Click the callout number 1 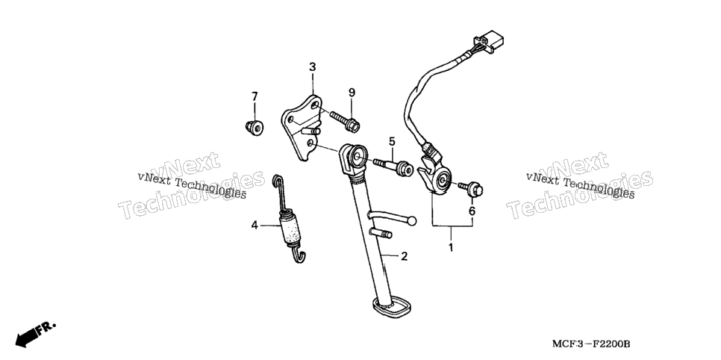(x=451, y=247)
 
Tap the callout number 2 (x=404, y=256)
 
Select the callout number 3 (x=312, y=67)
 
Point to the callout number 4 (x=255, y=226)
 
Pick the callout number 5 (x=392, y=141)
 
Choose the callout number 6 (x=472, y=211)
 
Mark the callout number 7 (x=255, y=96)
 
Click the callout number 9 (x=352, y=93)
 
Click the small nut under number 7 (x=254, y=127)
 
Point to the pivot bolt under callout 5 (x=393, y=167)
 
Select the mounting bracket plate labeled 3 (x=302, y=127)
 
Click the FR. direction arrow (x=35, y=334)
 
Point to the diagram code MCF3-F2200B (x=591, y=344)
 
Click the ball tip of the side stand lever (x=411, y=221)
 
